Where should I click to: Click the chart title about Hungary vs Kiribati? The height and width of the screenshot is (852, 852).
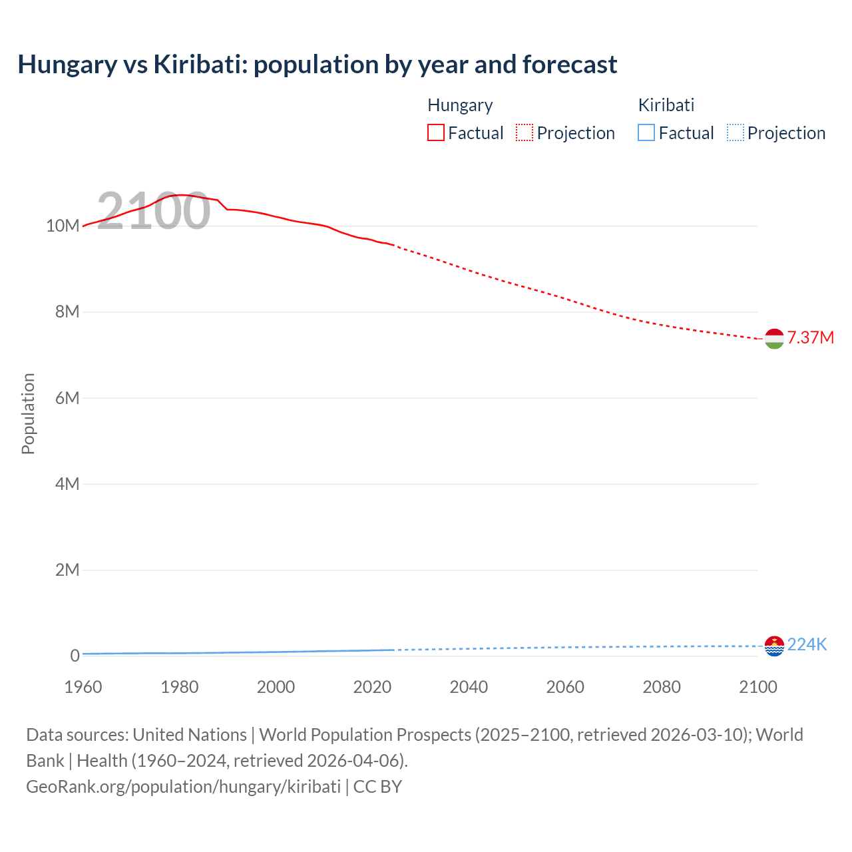point(317,65)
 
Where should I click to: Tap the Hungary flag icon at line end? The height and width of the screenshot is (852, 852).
point(774,339)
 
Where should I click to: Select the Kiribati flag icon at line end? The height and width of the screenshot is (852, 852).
point(774,646)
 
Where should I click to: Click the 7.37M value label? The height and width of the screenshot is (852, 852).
point(810,337)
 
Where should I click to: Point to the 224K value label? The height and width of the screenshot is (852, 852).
point(807,644)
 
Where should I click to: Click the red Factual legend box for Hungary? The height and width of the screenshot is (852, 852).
point(436,132)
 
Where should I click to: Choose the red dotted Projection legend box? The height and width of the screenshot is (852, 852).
point(525,132)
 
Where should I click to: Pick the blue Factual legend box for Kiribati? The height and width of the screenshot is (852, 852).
point(646,132)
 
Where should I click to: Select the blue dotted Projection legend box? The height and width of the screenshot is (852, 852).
point(736,132)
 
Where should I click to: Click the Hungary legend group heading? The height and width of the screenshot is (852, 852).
point(460,105)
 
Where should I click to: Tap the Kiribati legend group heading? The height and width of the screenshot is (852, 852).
point(666,105)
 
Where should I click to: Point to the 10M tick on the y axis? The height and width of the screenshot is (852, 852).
point(63,226)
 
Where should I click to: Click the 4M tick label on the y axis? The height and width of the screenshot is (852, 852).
point(67,484)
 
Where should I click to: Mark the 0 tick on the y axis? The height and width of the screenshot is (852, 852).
point(75,656)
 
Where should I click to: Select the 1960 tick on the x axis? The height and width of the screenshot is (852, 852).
point(83,687)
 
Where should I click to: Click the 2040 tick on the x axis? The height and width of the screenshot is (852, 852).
point(469,687)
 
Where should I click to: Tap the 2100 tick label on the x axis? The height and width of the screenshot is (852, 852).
point(757,687)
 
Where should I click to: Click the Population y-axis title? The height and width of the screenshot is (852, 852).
point(28,413)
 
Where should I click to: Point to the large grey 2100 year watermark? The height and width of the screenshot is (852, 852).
point(154,211)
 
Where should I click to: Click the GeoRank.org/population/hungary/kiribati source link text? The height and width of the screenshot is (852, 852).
point(183,786)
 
